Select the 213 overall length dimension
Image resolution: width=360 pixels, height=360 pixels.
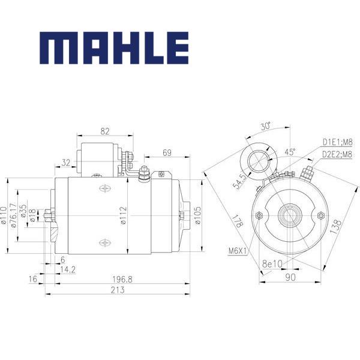coord(118,290)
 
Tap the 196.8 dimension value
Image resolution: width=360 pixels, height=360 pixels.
coord(122,279)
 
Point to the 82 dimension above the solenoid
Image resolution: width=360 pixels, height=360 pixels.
coord(105,131)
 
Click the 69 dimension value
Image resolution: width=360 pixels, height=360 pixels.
coord(167,153)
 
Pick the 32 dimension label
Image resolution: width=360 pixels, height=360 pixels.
coord(65,162)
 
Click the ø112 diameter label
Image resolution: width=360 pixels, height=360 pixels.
coord(122,215)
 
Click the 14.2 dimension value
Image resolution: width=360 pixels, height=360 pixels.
coord(68,269)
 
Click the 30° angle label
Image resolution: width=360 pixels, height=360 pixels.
coord(266,126)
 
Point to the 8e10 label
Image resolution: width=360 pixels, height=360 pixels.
coord(273,263)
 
